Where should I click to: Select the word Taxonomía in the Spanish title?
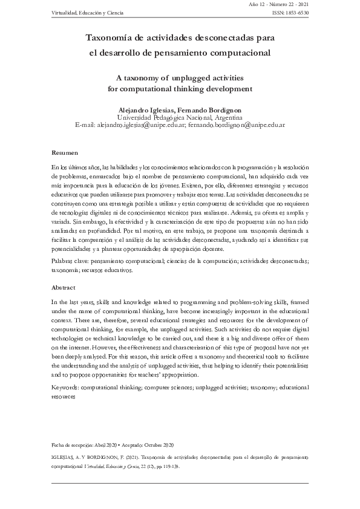pos(109,37)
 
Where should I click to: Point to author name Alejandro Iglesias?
pos(148,109)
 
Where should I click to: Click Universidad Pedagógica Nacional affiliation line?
pos(179,117)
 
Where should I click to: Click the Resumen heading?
pos(64,153)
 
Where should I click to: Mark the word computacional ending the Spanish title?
pos(234,53)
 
